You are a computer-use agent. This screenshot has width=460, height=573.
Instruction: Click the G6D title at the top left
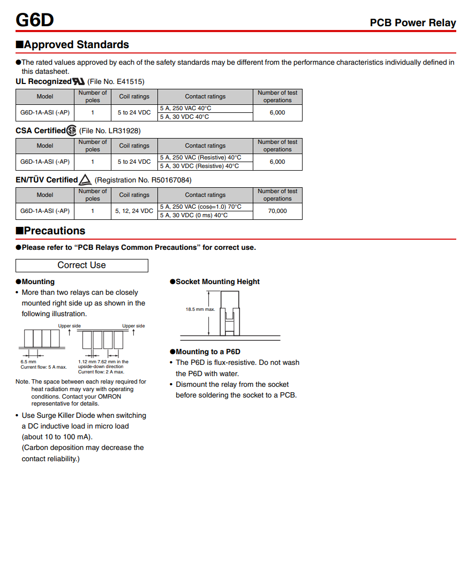(34, 20)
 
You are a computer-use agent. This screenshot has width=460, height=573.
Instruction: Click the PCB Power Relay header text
(412, 22)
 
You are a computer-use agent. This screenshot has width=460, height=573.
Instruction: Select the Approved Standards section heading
(76, 44)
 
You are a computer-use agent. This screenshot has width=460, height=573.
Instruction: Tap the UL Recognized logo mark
(78, 81)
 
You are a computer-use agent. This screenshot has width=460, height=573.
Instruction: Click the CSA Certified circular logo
(71, 131)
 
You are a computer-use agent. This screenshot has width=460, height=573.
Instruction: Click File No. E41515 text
(116, 81)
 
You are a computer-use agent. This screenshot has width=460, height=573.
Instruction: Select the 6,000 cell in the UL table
(277, 112)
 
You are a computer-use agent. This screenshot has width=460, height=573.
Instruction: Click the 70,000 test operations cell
(277, 211)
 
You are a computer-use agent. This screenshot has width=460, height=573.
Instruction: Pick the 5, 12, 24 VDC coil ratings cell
(134, 211)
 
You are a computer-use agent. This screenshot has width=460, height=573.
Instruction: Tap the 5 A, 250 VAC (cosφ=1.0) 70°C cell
(201, 207)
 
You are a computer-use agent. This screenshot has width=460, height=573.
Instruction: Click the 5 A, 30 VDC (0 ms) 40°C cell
(194, 215)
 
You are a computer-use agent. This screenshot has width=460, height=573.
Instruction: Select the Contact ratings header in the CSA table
(205, 146)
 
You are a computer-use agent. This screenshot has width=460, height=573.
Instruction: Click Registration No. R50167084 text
(143, 180)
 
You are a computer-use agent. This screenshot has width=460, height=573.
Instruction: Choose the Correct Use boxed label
(81, 265)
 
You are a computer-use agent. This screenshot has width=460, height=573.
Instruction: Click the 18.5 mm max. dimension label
(200, 309)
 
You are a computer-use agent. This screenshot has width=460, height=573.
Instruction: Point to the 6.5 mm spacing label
(28, 362)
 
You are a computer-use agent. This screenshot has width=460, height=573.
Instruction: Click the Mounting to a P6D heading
(208, 352)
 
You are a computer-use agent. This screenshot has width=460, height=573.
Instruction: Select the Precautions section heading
(54, 231)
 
